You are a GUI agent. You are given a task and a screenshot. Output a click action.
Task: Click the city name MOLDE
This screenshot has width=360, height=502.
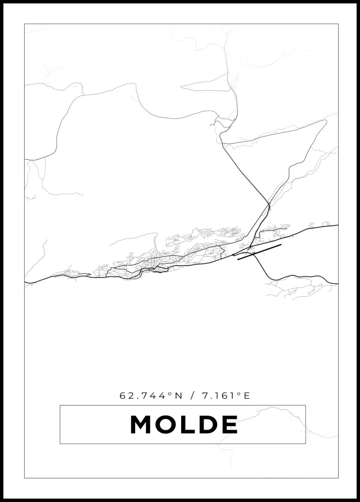coord(184,425)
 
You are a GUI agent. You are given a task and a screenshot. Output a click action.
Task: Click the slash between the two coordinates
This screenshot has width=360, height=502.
coord(193,395)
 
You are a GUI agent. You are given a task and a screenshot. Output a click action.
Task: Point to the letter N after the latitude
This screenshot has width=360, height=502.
coord(179,395)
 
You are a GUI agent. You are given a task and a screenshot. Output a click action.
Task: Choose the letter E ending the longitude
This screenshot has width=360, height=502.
coord(247,395)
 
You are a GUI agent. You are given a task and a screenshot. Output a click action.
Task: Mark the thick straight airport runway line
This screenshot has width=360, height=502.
coord(259,252)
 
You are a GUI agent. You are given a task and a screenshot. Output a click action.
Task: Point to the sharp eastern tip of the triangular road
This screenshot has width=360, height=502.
coord(326,121)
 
